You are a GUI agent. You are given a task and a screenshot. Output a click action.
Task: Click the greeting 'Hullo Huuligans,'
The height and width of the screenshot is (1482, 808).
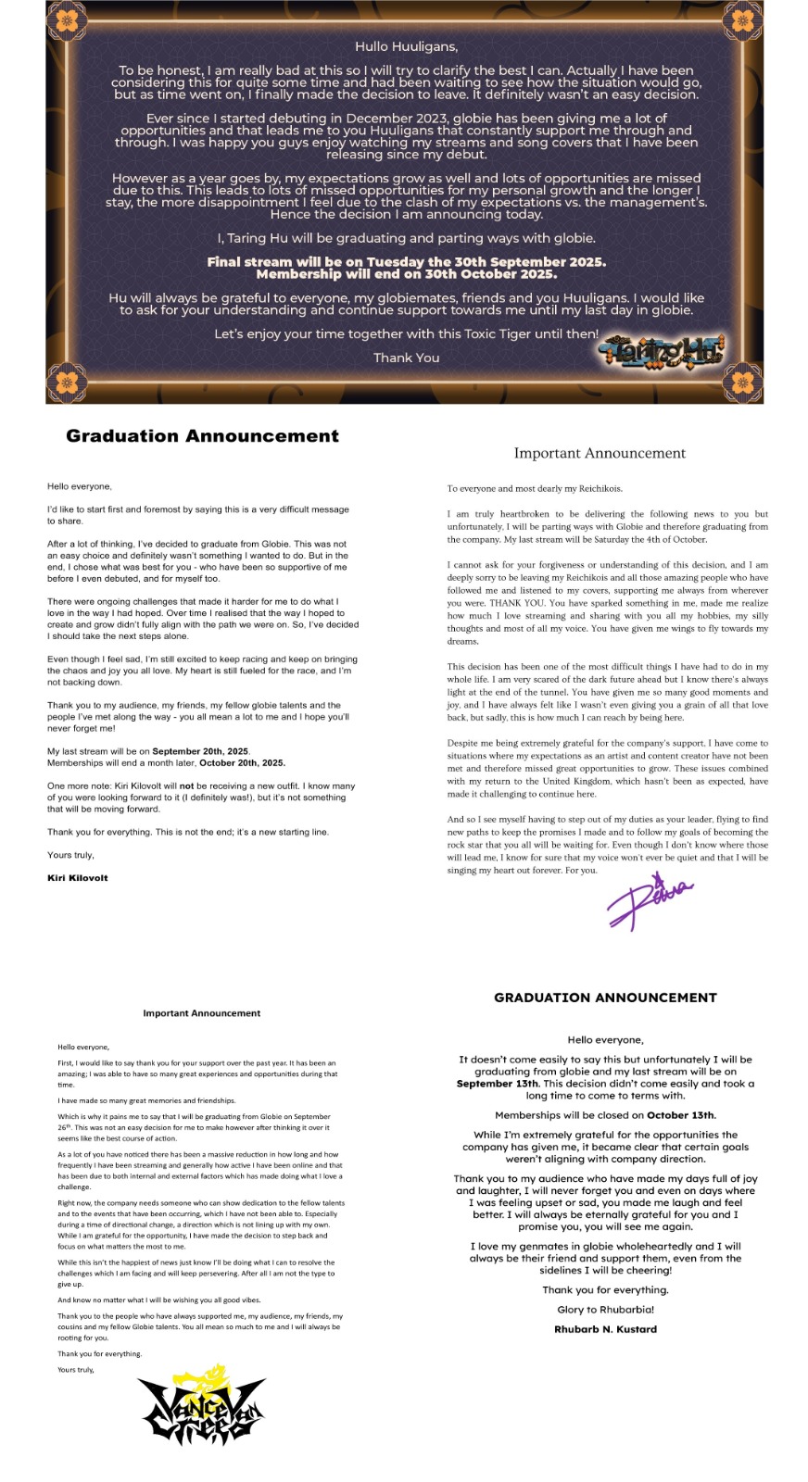click(x=406, y=46)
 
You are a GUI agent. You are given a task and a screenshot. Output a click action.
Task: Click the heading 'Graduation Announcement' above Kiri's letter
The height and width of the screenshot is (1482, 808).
click(x=202, y=436)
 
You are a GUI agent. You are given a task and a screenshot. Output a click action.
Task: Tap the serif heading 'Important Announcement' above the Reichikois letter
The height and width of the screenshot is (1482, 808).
click(x=600, y=453)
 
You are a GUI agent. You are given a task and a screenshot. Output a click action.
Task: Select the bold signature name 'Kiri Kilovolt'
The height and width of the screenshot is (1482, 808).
click(x=78, y=877)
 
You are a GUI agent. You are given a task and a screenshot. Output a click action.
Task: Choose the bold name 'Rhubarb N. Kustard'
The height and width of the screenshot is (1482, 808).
click(x=605, y=1329)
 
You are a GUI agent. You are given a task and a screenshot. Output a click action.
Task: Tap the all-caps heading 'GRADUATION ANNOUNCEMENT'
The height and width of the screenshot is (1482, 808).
click(x=605, y=998)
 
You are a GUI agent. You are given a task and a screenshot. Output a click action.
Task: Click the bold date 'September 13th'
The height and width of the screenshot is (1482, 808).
click(x=497, y=1084)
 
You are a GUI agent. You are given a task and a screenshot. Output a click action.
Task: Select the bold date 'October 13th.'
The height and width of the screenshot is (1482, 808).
click(x=681, y=1115)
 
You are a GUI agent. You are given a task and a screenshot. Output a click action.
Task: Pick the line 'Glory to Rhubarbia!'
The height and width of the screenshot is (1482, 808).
click(x=605, y=1310)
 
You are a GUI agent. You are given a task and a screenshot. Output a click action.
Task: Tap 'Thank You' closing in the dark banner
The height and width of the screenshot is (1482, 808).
click(x=406, y=358)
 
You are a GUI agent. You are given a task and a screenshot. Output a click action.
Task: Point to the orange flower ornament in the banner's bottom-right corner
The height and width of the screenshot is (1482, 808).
click(x=742, y=381)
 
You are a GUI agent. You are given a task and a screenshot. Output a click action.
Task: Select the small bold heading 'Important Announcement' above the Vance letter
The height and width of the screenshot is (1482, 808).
click(x=201, y=1013)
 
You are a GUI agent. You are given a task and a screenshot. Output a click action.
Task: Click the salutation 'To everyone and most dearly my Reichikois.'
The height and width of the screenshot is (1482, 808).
click(x=535, y=488)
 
